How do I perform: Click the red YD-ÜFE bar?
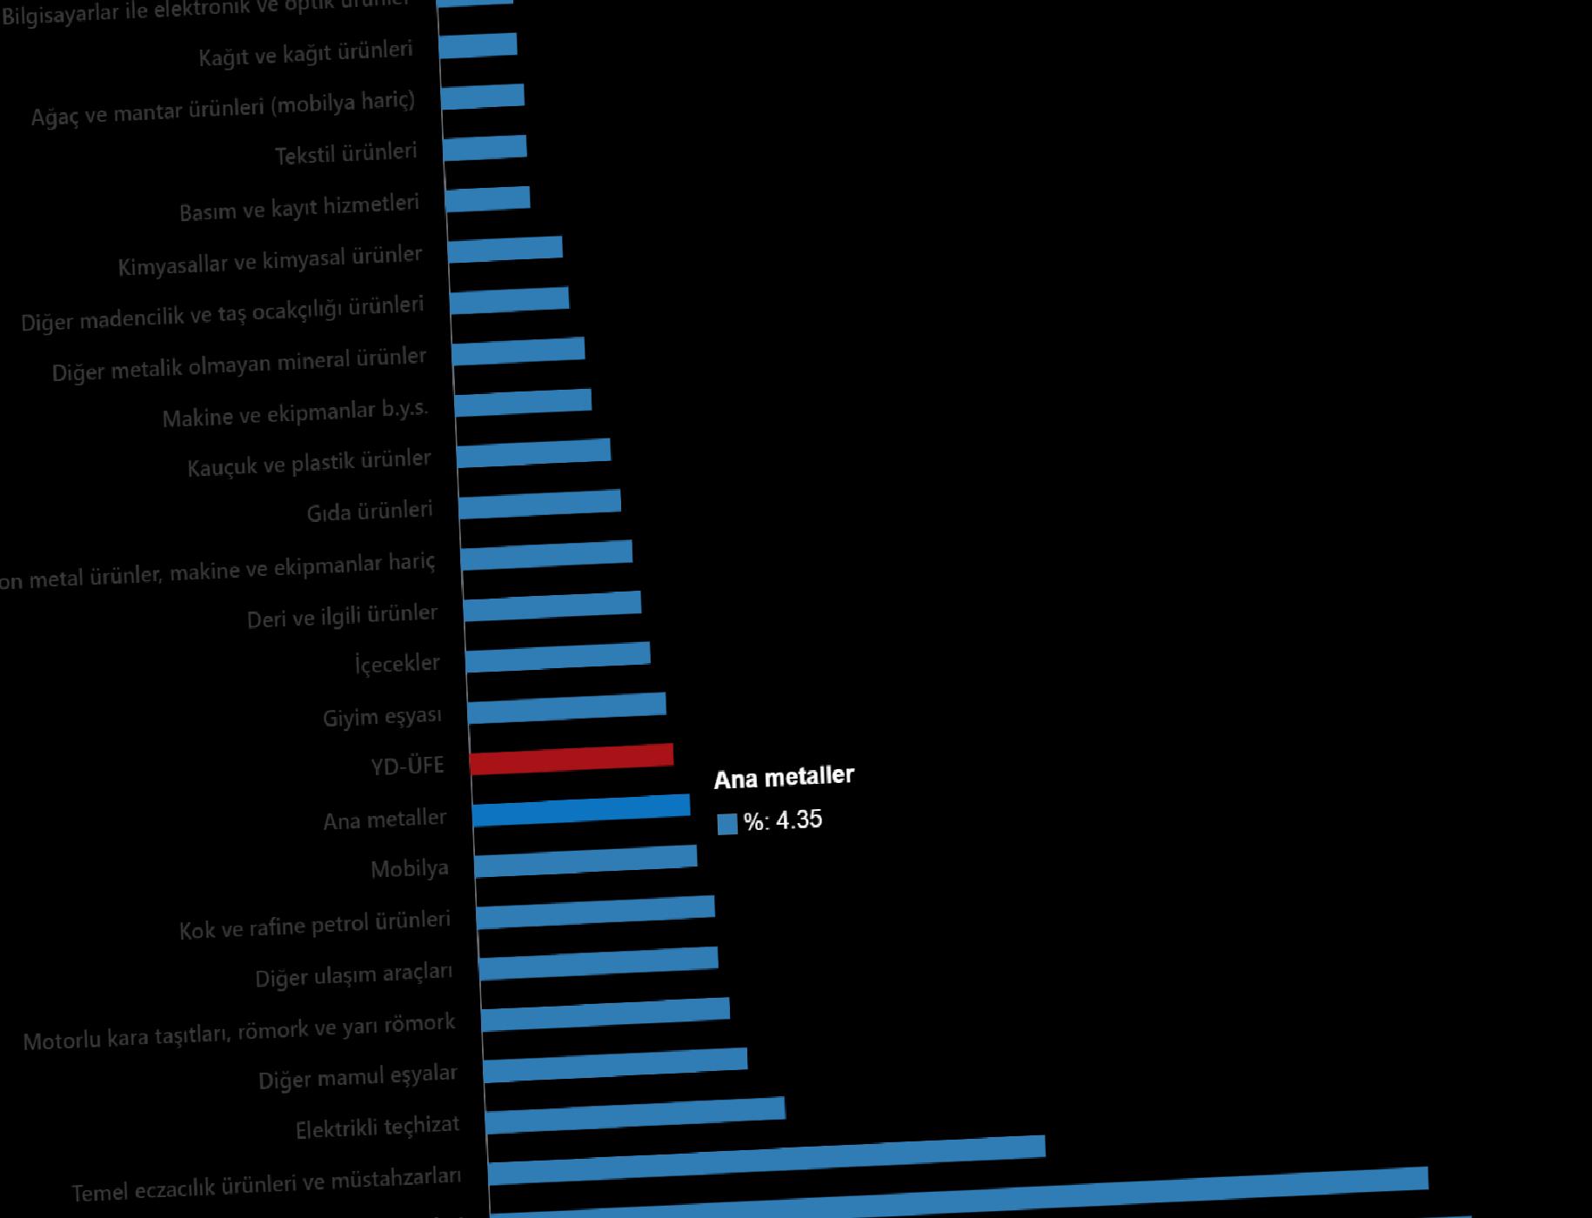tap(572, 759)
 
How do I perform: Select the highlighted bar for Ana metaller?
tap(581, 809)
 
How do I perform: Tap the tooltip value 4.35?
tap(799, 820)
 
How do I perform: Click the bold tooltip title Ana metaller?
tap(784, 777)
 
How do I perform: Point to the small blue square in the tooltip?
tap(727, 824)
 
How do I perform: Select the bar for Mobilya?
tap(585, 860)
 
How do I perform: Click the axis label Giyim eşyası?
tap(382, 717)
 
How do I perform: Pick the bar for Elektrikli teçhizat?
tap(635, 1114)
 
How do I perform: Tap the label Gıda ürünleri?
tap(370, 512)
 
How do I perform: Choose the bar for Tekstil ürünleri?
tap(485, 148)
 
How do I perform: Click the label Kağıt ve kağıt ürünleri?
tap(305, 54)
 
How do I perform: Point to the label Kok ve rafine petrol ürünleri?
tap(315, 925)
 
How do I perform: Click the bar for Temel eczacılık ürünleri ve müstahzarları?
tap(766, 1160)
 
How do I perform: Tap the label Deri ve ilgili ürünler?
tap(342, 616)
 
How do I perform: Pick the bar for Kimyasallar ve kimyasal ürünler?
tap(505, 249)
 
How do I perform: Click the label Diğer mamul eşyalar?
tap(358, 1077)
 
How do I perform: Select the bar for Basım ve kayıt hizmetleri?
tap(487, 199)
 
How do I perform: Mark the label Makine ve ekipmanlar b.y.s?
tap(295, 413)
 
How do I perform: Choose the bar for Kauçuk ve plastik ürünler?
tap(533, 453)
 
